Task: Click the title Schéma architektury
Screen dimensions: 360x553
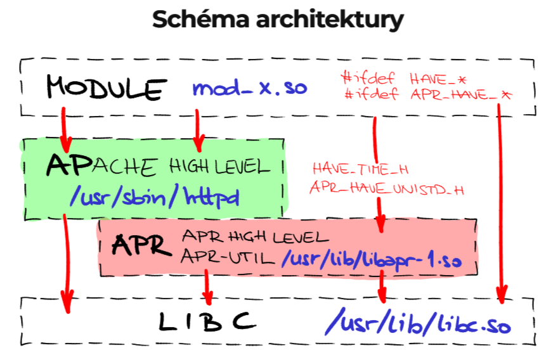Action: [277, 20]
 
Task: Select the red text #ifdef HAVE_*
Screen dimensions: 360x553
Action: [403, 79]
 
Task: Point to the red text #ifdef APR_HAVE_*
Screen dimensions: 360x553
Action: [426, 96]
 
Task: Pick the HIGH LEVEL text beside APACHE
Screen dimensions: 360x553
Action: [219, 167]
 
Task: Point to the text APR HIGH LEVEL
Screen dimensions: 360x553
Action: [254, 237]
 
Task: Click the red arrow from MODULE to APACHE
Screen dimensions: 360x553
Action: [63, 125]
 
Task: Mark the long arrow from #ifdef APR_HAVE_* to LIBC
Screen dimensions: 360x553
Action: [500, 203]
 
